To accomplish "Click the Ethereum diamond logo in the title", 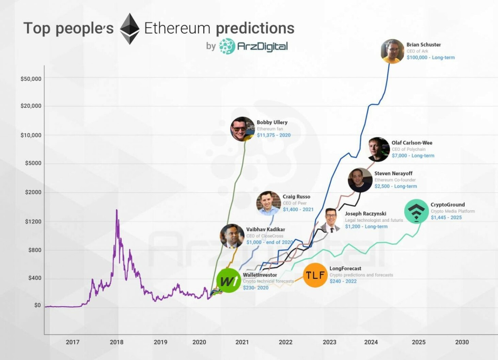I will [x=129, y=29].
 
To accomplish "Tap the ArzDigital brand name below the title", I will [x=262, y=46].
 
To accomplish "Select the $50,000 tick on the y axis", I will [x=31, y=79].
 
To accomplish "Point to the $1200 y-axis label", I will [x=33, y=222].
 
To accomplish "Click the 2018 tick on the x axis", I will [x=116, y=342].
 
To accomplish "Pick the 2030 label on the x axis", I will [x=462, y=342].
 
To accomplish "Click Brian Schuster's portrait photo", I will [x=392, y=51].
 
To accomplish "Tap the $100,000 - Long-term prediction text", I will [x=431, y=58].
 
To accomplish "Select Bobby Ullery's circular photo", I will [x=243, y=129].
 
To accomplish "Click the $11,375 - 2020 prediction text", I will [x=274, y=135].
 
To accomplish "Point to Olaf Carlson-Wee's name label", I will [x=412, y=143].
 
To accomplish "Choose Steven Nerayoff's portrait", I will [x=360, y=180].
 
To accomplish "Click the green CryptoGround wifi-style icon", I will [x=416, y=211].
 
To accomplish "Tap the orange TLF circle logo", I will [x=315, y=275].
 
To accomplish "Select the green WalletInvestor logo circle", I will [x=229, y=281].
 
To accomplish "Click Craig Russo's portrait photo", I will [x=268, y=203].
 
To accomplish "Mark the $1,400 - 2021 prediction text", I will [x=298, y=210].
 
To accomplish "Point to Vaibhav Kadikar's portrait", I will [x=232, y=236].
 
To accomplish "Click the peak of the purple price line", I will [x=116, y=210].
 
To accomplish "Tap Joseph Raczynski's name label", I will [x=365, y=214].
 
